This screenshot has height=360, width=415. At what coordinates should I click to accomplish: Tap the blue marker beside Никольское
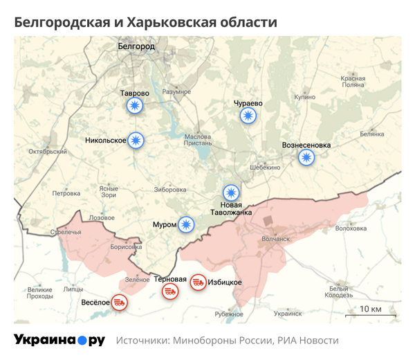[136, 141]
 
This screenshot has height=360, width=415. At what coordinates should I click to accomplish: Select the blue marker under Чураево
[248, 116]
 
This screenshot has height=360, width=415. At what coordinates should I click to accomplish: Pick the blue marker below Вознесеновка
[306, 157]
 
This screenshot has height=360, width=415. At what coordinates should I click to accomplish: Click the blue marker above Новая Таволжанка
[231, 192]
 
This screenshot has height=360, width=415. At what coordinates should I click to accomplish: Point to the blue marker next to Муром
[185, 224]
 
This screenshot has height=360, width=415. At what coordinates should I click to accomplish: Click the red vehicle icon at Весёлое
[120, 303]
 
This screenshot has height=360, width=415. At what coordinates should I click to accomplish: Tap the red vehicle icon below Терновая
[169, 291]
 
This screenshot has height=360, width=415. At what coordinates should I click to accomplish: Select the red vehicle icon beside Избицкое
[198, 282]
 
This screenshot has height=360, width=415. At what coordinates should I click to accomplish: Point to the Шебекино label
[266, 168]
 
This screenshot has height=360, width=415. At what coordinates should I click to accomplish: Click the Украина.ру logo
[59, 340]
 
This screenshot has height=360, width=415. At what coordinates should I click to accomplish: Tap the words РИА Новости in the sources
[308, 341]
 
